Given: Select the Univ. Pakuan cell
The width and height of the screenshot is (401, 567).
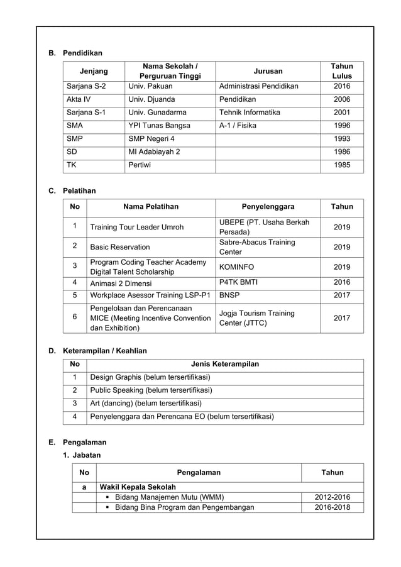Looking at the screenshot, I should coord(150,86).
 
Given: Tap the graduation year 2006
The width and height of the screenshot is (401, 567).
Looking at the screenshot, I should coord(342,99).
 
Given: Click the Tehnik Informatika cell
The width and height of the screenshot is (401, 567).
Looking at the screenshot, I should coord(250,113).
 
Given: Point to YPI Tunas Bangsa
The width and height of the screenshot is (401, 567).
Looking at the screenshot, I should coord(159,126).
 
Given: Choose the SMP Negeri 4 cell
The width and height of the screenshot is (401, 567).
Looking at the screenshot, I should coord(151,139).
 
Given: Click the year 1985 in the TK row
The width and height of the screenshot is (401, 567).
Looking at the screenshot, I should coord(342,165).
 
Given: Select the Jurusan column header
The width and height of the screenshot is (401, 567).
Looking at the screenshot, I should coord(268,71).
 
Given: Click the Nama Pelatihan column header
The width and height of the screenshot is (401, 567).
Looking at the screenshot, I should coord(151,206).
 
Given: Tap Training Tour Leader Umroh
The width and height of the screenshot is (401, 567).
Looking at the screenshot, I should coord(137,227).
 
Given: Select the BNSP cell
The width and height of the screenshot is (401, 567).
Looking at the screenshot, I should coord(229,294).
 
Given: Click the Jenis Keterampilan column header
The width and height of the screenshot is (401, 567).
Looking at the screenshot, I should coord(224,364).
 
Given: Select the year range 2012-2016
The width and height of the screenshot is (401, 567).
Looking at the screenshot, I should coord(332,497).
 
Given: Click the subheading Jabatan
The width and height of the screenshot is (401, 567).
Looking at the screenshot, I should coord(86,454).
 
